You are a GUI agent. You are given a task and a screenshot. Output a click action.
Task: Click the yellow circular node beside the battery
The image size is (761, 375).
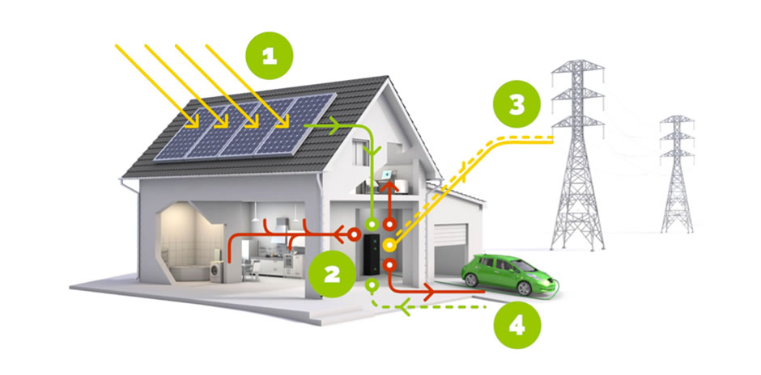389,244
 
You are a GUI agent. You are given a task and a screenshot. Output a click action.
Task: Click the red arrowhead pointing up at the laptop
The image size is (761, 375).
397,187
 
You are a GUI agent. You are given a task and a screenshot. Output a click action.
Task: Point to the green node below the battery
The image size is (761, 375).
372,284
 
